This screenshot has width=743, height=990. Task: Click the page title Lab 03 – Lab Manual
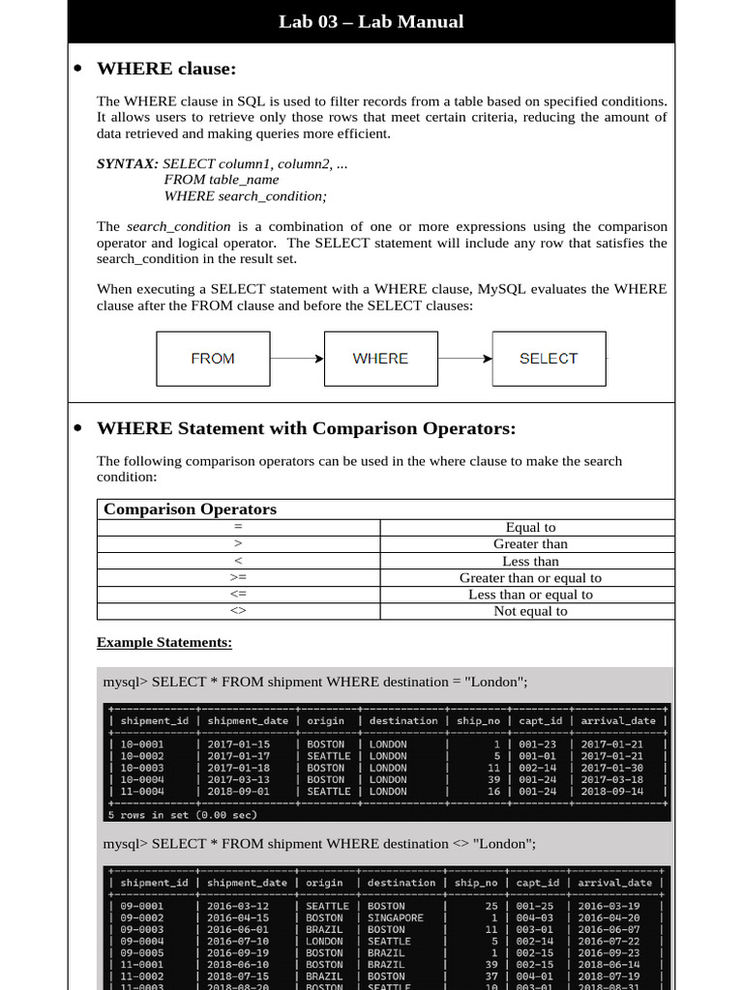[x=371, y=21]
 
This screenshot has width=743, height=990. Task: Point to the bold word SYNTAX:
[x=128, y=163]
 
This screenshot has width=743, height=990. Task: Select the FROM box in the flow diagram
[x=213, y=359]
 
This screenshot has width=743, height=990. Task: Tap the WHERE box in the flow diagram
[x=380, y=359]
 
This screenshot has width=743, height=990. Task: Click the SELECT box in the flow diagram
[x=549, y=359]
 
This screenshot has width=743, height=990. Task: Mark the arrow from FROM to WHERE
[x=296, y=359]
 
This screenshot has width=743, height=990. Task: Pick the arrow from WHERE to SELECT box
[x=464, y=359]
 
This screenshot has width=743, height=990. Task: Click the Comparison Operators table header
[x=191, y=510]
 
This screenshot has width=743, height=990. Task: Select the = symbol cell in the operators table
[x=238, y=528]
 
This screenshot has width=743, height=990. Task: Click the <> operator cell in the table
[x=238, y=611]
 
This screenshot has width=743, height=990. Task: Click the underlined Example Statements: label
[x=164, y=643]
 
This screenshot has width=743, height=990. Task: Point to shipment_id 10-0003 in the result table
[x=142, y=768]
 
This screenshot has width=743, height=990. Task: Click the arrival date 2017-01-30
[x=610, y=768]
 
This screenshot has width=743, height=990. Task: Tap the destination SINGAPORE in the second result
[x=396, y=917]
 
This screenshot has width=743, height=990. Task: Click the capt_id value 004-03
[x=535, y=917]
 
